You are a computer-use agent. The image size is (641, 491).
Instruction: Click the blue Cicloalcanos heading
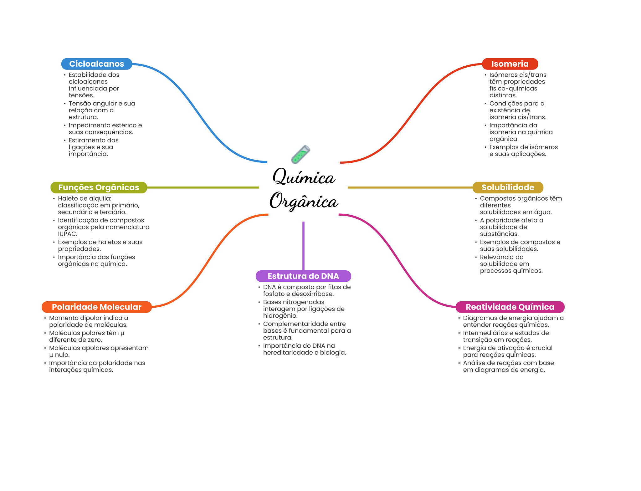97,64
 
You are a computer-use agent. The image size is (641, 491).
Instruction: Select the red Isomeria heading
510,64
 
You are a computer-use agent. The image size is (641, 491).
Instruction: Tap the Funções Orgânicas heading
99,187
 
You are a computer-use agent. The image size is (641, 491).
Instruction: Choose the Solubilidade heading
508,187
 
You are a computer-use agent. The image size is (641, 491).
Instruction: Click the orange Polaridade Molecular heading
96,307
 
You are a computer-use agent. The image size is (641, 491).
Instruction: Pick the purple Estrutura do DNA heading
303,276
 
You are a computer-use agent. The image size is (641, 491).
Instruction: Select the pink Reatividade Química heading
510,307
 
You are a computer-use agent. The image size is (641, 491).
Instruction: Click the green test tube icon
300,154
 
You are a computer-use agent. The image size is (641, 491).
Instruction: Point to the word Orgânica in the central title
304,201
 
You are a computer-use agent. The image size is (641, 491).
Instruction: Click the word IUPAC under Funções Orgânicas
67,234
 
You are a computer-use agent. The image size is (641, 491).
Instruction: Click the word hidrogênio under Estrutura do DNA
280,316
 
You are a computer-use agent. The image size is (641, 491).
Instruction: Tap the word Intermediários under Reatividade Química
483,333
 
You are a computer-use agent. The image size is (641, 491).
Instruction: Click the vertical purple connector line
303,246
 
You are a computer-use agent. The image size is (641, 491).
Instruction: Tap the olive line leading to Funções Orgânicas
203,187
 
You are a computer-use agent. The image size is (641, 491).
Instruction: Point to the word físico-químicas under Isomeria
513,89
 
